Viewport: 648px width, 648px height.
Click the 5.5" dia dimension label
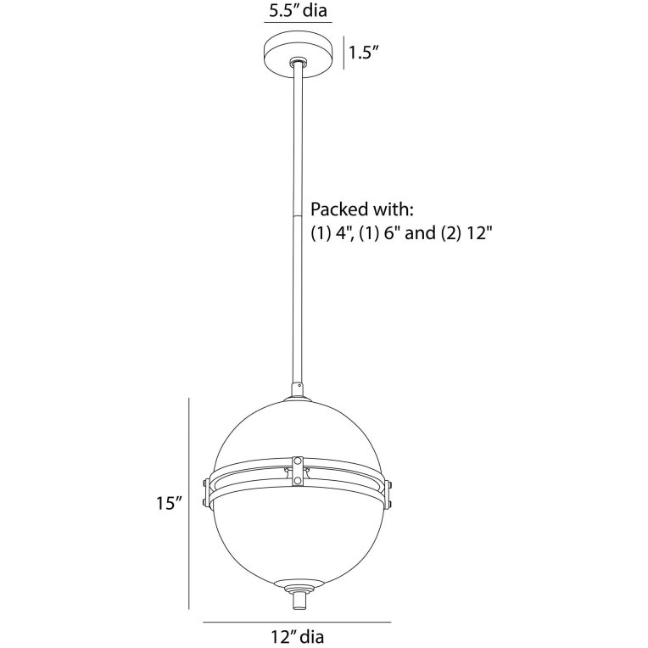point(296,11)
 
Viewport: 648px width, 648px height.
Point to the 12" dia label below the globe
point(294,634)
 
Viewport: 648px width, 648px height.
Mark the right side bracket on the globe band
point(388,493)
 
